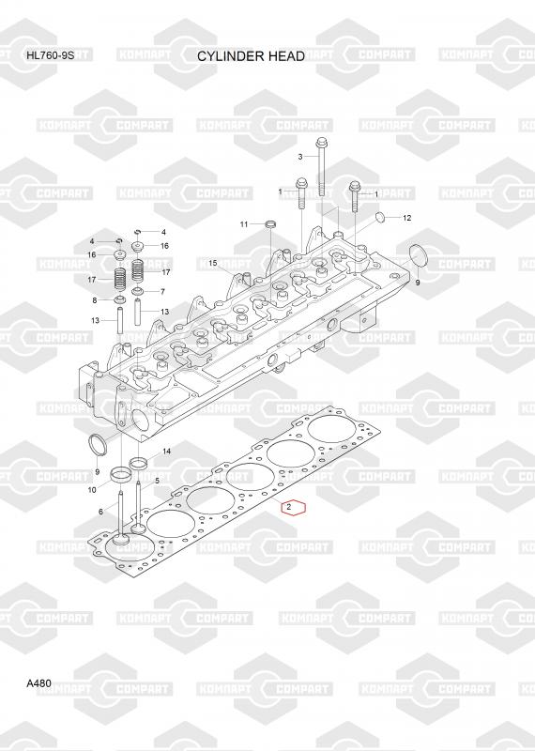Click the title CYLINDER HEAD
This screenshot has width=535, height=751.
coord(251,56)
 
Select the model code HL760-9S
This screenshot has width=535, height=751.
coord(51,54)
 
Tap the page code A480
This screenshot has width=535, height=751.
coord(38,683)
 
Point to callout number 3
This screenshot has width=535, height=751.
coord(300,157)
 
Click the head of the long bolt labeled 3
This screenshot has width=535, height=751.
coord(320,143)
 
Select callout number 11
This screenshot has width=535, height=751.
coord(244,224)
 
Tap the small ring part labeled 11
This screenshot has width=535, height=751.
coord(271,223)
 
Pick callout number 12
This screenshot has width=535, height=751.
coord(407,218)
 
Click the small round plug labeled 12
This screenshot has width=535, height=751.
coord(379,218)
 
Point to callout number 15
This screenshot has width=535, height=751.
coord(213,263)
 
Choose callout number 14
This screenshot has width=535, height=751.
coord(167,452)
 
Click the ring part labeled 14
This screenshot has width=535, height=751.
coord(139,463)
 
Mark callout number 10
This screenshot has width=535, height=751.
coord(92,489)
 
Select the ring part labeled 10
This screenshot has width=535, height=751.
coord(120,475)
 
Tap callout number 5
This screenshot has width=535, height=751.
coord(157,480)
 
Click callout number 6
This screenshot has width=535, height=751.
coord(100,512)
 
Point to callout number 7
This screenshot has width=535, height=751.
coord(163,291)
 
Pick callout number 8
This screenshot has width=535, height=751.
coord(95,300)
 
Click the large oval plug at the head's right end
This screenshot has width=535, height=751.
coord(417,256)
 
